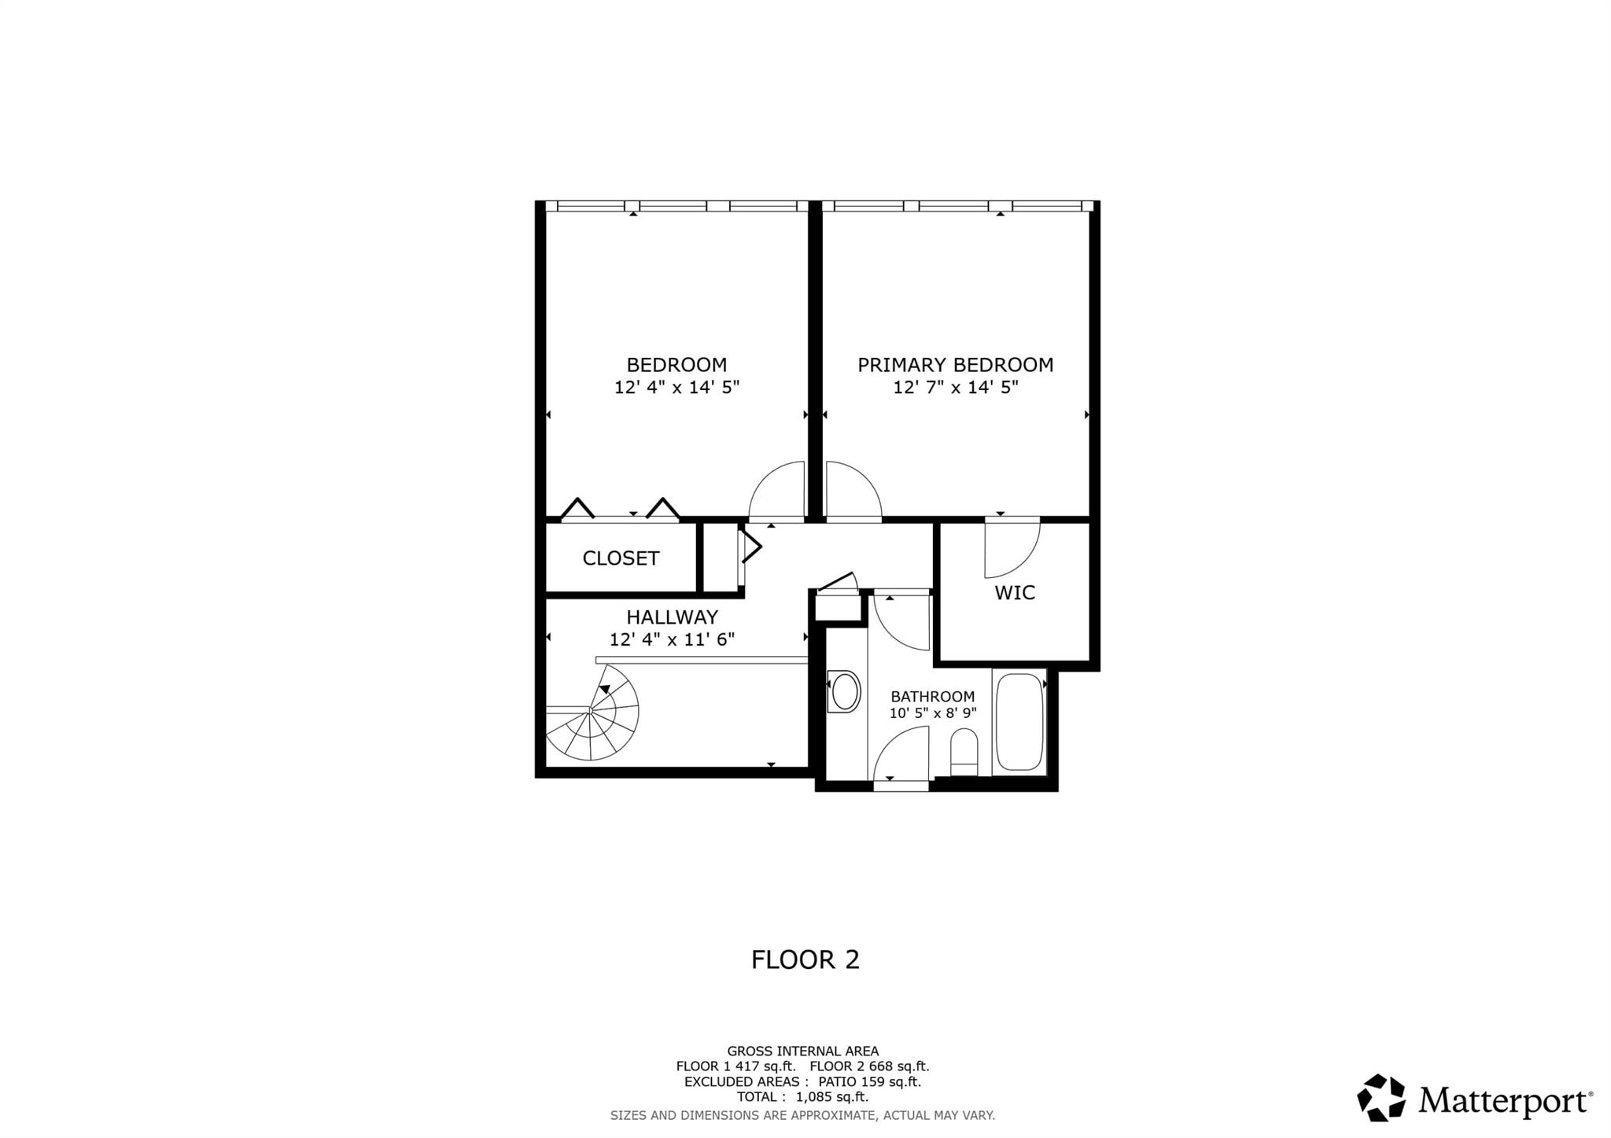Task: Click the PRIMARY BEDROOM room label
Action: coord(955,365)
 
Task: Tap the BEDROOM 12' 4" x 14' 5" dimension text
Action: coord(676,387)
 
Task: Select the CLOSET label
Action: coord(621,558)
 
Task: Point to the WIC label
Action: coord(1015,593)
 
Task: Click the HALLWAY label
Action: coord(673,617)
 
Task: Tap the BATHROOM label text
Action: coord(933,697)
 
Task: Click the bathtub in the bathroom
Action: coord(1019,722)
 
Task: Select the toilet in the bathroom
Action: coord(964,752)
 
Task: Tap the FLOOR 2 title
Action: coord(805,959)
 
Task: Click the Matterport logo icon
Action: coord(1381,1097)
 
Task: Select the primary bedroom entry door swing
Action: coord(853,491)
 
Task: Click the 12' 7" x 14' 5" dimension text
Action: coord(956,387)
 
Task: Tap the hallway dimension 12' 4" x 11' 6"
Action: coord(673,639)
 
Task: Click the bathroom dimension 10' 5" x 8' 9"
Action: coord(933,713)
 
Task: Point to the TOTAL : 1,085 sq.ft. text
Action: coord(802,1097)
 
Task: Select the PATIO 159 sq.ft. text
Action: coord(869,1081)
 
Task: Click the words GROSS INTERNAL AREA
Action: coord(803,1051)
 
